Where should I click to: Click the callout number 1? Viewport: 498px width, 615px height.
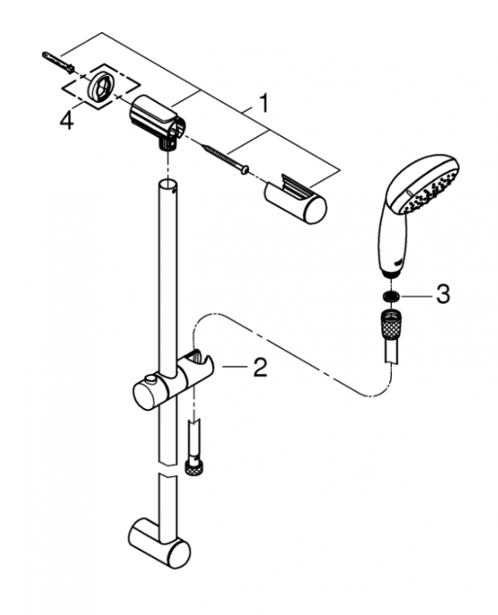tap(264, 102)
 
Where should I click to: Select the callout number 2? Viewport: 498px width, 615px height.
tap(259, 369)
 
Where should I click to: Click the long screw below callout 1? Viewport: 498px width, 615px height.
tap(222, 156)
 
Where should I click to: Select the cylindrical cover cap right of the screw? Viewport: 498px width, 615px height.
tap(297, 201)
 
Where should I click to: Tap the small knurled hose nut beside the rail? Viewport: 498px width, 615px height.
tap(192, 466)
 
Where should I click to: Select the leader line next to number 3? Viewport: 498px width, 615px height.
tap(417, 294)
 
